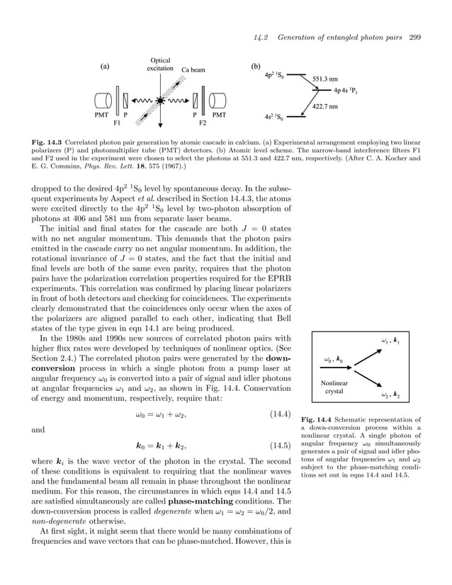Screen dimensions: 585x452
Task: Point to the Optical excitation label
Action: tap(160, 64)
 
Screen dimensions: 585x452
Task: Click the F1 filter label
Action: tap(118, 123)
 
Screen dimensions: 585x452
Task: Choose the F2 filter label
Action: tap(202, 123)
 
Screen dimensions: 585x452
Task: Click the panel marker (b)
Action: tap(256, 67)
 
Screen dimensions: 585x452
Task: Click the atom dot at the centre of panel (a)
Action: tap(161, 101)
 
